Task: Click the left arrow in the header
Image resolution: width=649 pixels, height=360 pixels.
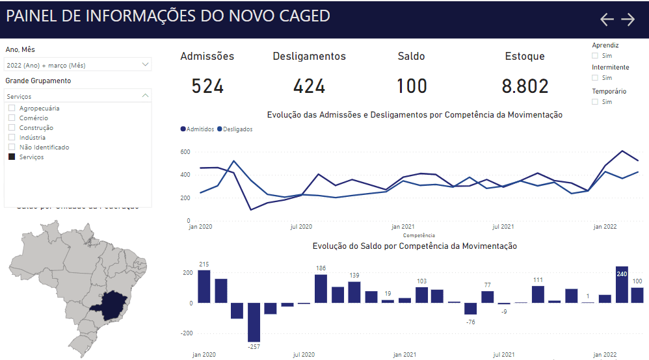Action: [607, 19]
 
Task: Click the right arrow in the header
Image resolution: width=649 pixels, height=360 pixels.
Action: [628, 19]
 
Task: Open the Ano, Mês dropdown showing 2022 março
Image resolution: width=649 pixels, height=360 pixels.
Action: [77, 65]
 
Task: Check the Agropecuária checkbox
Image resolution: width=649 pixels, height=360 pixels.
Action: [12, 109]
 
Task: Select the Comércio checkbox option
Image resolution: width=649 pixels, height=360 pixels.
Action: [12, 118]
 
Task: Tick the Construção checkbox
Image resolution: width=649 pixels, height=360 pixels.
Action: [12, 128]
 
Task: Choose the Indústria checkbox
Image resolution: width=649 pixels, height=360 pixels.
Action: [12, 138]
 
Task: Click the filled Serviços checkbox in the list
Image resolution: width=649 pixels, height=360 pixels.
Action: [12, 157]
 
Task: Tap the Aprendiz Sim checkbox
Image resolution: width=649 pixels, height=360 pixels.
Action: [595, 56]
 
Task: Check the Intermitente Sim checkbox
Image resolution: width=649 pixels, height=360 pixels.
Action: [595, 78]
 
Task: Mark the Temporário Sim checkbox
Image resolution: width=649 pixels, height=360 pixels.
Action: [595, 102]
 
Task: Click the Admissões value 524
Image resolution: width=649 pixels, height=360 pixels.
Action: [207, 86]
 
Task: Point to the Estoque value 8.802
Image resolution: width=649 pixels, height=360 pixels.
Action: [525, 86]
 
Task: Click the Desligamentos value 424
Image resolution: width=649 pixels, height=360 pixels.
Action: [309, 86]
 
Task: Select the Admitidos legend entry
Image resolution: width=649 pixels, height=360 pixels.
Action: [198, 129]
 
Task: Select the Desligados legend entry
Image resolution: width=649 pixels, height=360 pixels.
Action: [235, 129]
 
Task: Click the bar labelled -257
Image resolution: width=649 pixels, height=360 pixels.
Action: [254, 322]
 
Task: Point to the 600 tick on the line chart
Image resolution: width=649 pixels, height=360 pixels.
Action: [185, 152]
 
